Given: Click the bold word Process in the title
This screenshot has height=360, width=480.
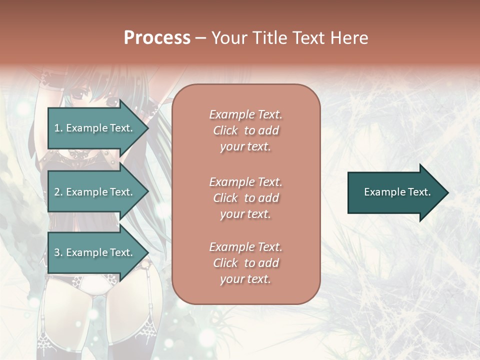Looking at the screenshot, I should click(x=157, y=37).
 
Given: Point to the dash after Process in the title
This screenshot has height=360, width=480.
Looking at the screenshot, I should click(x=200, y=38).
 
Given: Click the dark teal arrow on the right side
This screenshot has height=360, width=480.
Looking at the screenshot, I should click(x=395, y=192).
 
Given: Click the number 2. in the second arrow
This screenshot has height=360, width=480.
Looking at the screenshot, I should click(x=58, y=192).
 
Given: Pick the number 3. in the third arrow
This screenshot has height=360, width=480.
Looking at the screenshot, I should click(x=58, y=252).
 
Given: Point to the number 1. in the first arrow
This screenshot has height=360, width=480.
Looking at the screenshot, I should click(x=58, y=128).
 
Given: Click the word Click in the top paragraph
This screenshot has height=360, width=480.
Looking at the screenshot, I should click(x=225, y=130).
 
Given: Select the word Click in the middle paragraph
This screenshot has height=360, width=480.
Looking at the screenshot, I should click(x=225, y=198).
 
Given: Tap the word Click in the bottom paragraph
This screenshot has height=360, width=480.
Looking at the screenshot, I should click(x=225, y=263).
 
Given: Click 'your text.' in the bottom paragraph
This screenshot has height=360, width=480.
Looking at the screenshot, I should click(x=245, y=279).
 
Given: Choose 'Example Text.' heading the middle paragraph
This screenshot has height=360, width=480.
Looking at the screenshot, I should click(x=245, y=181).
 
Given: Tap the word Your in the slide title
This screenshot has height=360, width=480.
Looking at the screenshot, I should click(x=229, y=37).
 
